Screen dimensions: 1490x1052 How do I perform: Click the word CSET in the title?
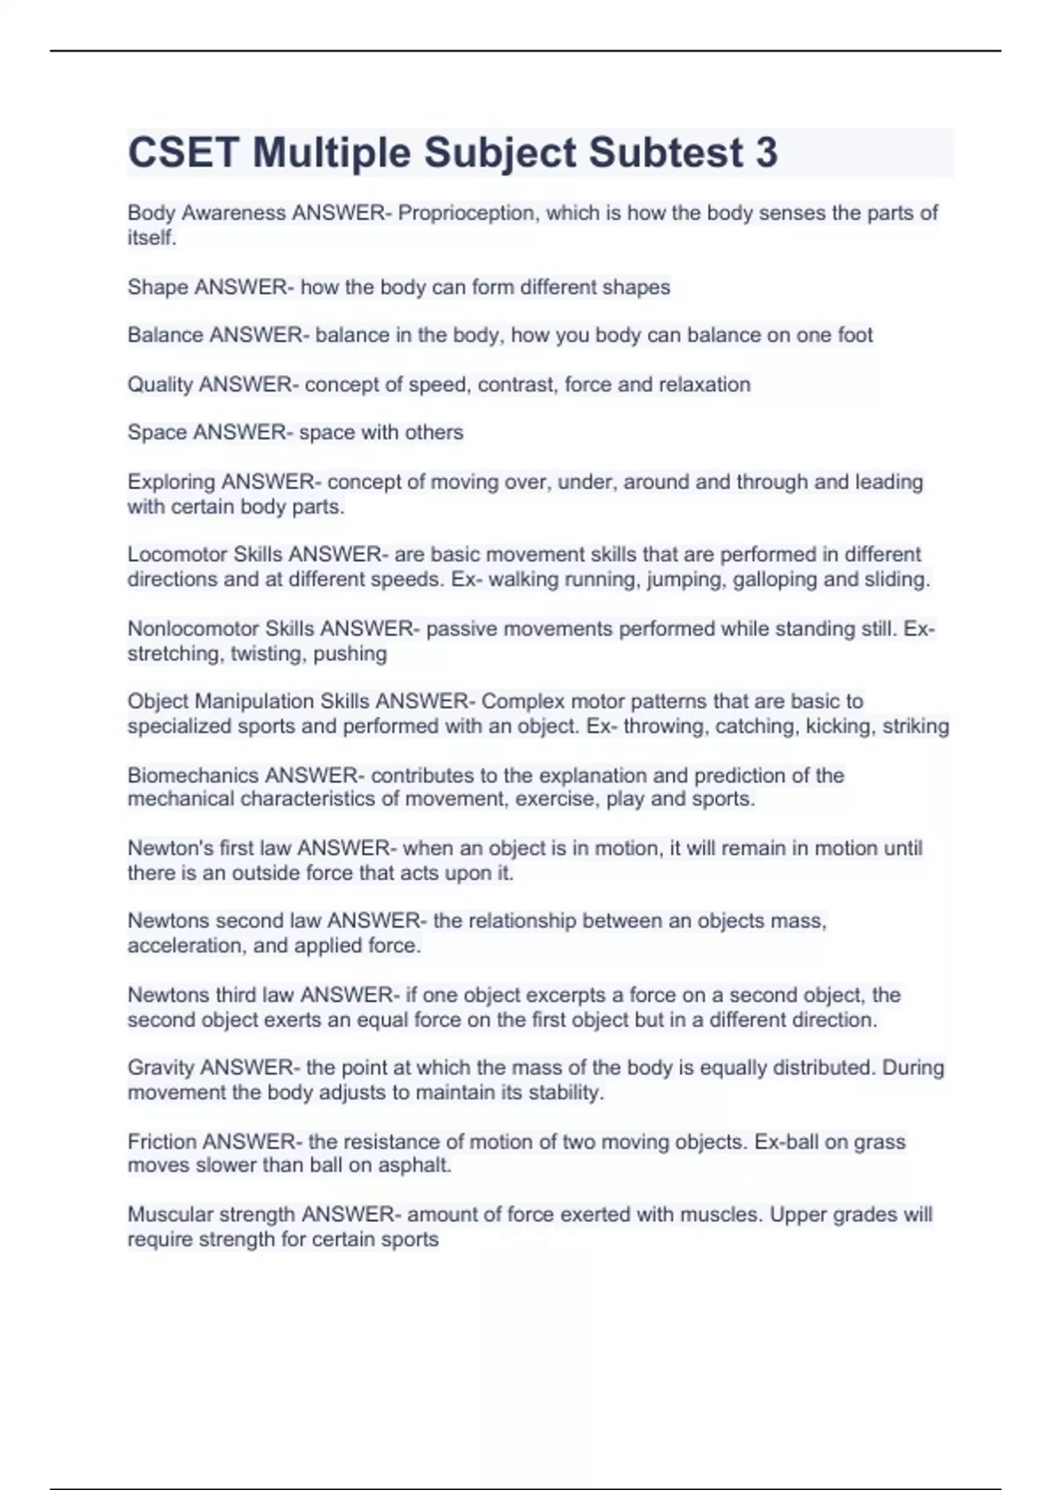183,153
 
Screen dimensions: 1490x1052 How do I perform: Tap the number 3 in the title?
765,153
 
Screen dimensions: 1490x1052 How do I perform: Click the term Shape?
158,287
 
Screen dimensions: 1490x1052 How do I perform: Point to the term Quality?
160,385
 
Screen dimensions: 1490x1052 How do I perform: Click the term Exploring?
171,482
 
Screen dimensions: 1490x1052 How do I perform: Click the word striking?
915,726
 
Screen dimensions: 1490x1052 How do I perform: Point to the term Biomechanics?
193,776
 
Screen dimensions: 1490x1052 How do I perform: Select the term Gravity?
161,1068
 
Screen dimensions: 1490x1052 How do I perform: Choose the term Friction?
162,1141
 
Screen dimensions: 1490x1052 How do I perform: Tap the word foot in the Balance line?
856,335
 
